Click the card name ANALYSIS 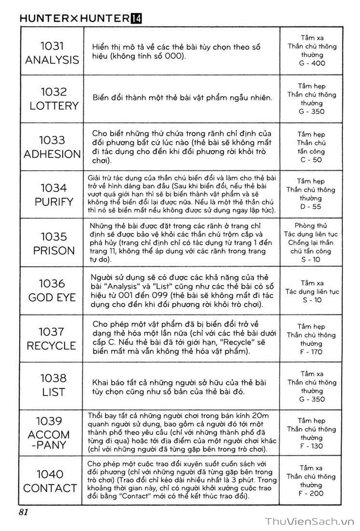point(52,60)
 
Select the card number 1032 point(54,92)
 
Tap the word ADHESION point(52,154)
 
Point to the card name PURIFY point(54,202)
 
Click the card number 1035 point(54,237)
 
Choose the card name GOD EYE point(52,297)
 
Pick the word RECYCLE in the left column point(52,346)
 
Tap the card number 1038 point(53,378)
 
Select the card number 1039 point(49,421)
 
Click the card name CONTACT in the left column point(50,488)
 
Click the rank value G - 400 point(312,63)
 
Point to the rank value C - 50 point(311,160)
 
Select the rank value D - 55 point(311,207)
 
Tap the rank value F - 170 point(311,352)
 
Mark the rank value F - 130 point(311,446)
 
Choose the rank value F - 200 point(311,494)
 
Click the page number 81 point(23,512)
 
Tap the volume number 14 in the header point(136,18)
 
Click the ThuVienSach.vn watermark point(310,521)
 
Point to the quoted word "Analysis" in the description point(118,287)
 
